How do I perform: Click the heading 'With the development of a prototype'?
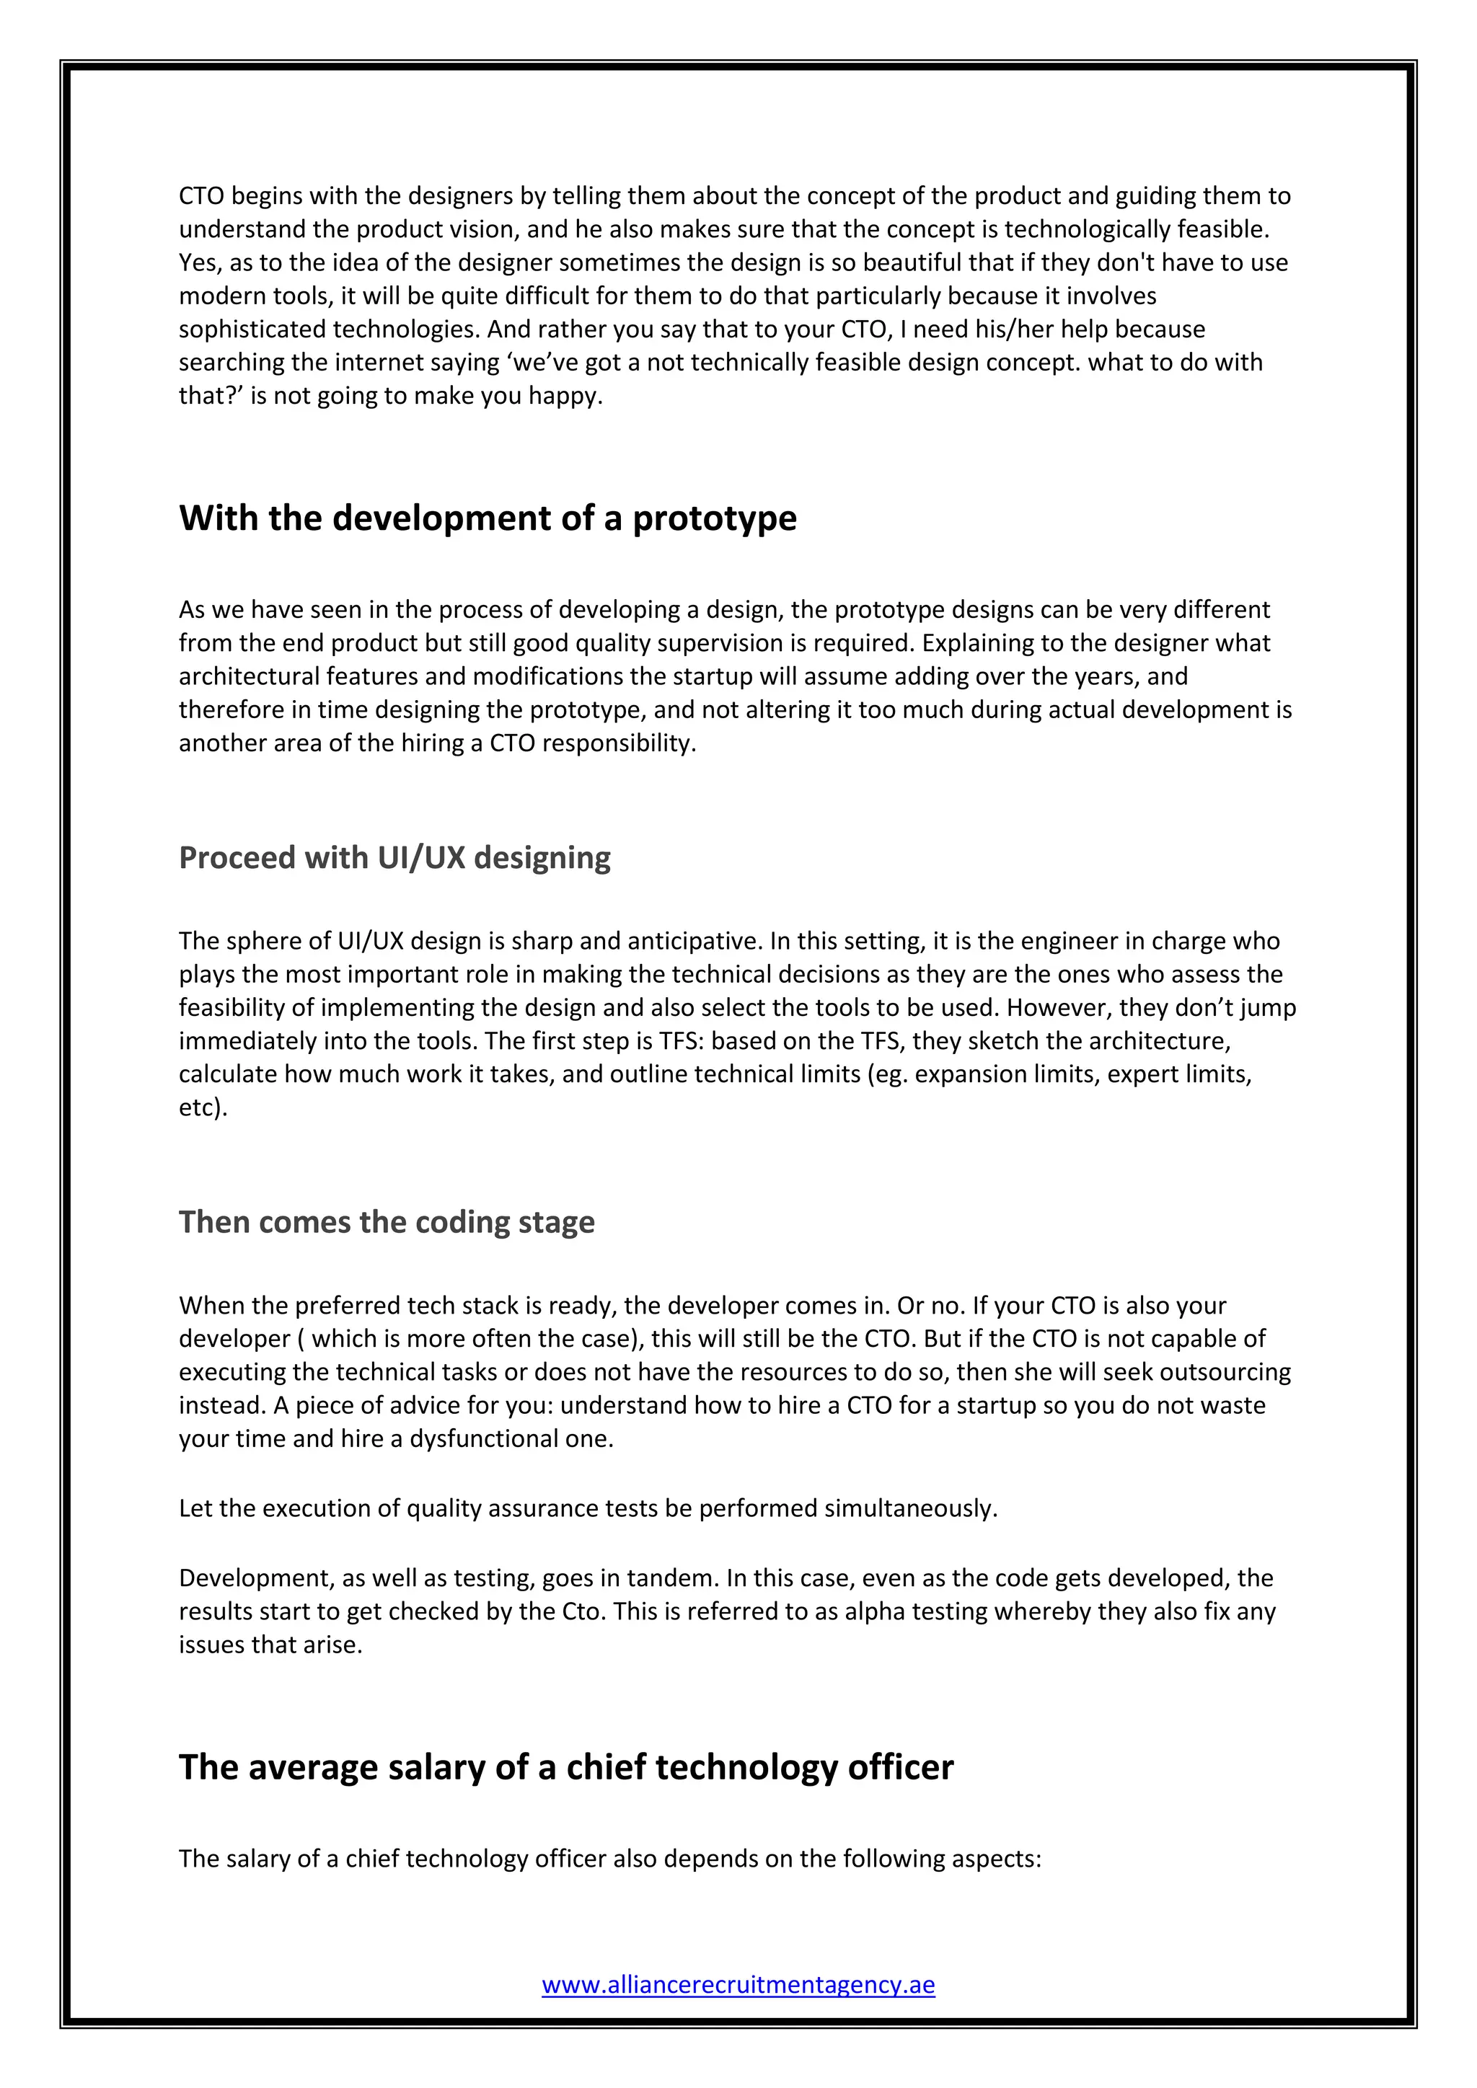[488, 518]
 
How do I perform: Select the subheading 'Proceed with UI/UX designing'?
[394, 857]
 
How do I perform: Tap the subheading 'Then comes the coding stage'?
[387, 1221]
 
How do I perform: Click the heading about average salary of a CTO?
[565, 1767]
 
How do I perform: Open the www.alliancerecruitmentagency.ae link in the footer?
[738, 1983]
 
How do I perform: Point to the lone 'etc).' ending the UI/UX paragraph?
[203, 1107]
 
